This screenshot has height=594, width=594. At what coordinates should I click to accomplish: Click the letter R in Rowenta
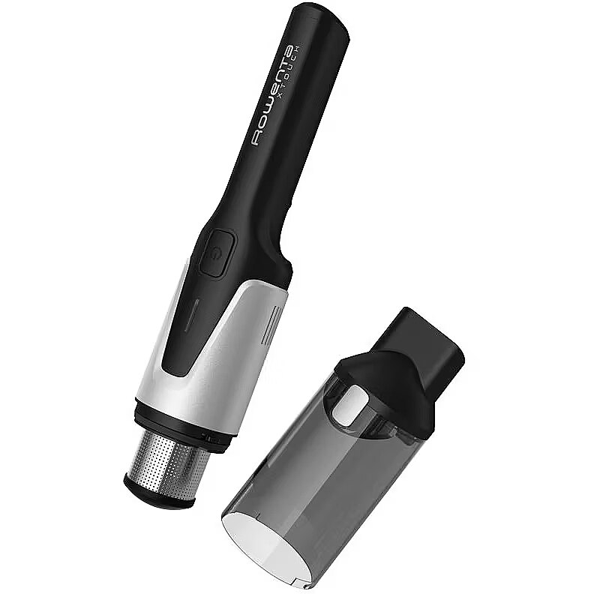point(258,137)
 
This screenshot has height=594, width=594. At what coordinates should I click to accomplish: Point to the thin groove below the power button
point(192,313)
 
